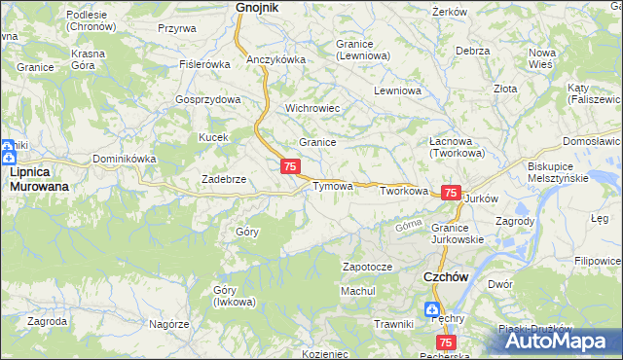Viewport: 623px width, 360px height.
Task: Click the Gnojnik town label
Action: pyautogui.click(x=257, y=8)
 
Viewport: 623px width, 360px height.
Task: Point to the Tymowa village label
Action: pyautogui.click(x=331, y=186)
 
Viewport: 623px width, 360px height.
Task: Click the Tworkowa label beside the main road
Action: pyautogui.click(x=404, y=192)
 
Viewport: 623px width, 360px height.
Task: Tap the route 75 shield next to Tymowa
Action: pyautogui.click(x=290, y=167)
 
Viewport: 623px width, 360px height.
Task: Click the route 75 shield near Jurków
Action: pyautogui.click(x=451, y=194)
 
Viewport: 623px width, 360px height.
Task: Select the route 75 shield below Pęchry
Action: pyautogui.click(x=445, y=342)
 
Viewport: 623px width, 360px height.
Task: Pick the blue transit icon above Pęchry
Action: pyautogui.click(x=431, y=309)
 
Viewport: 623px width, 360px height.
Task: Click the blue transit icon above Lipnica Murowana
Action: pyautogui.click(x=8, y=151)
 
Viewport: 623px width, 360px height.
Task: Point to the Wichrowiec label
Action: pyautogui.click(x=311, y=108)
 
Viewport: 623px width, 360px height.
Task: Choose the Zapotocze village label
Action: pyautogui.click(x=367, y=267)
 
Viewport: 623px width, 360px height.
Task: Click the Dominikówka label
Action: pyautogui.click(x=125, y=158)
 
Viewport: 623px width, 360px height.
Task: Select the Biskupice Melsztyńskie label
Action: pyautogui.click(x=558, y=172)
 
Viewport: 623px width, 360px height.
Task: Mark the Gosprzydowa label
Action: pyautogui.click(x=207, y=100)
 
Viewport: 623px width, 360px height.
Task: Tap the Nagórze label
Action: pyautogui.click(x=168, y=323)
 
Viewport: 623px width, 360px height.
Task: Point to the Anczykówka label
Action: pyautogui.click(x=275, y=59)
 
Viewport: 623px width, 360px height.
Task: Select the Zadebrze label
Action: pyautogui.click(x=223, y=179)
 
